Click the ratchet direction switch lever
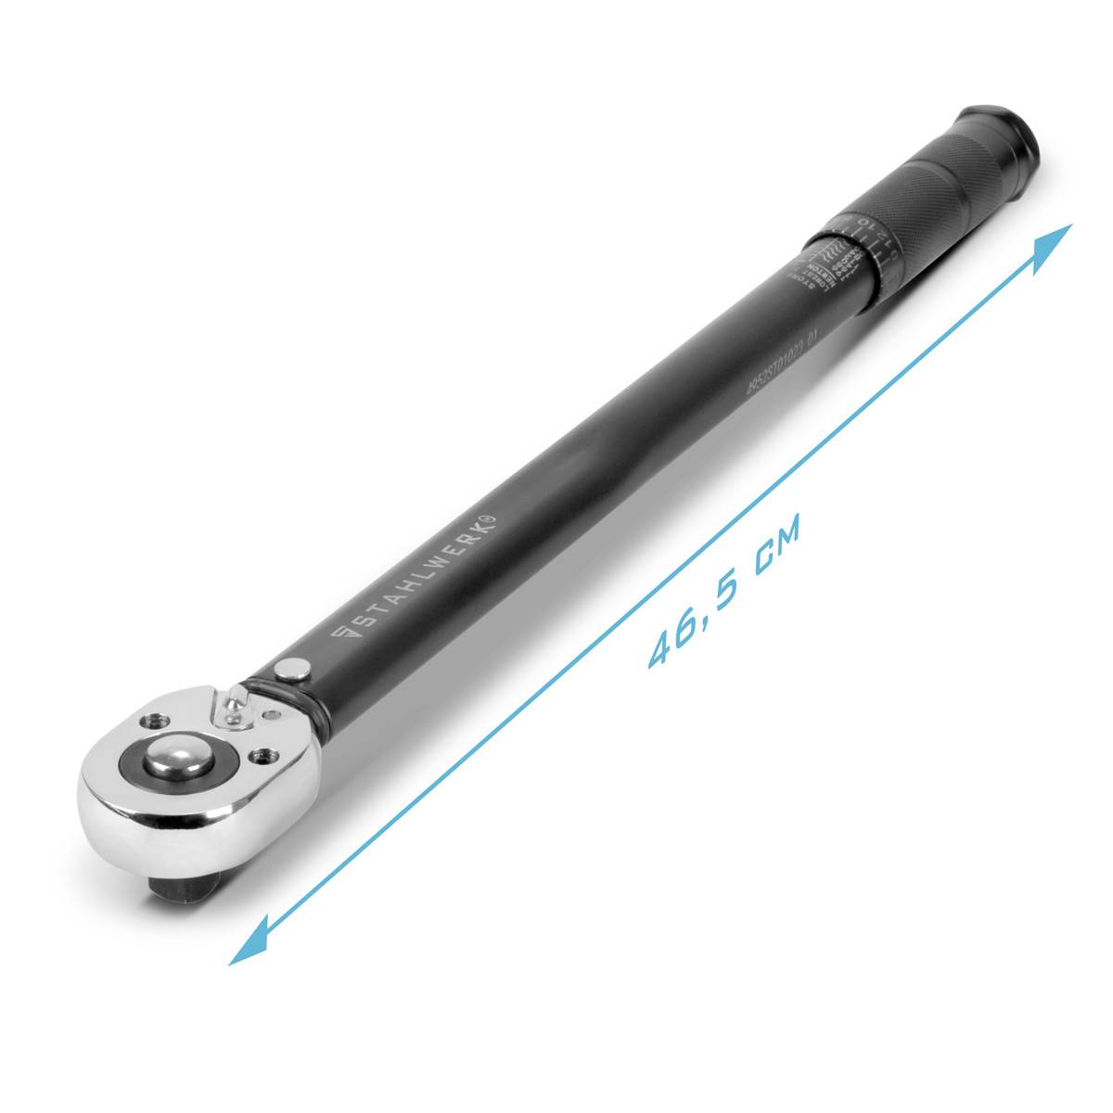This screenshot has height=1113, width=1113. coord(232,706)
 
